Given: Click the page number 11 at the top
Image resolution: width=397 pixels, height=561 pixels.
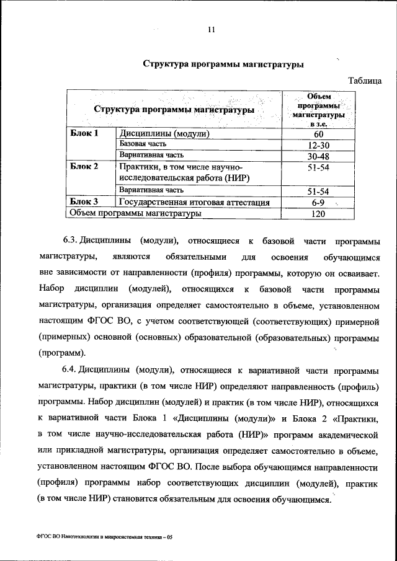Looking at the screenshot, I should tap(211, 29).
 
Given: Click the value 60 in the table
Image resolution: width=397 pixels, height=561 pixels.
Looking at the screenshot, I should tap(318, 134).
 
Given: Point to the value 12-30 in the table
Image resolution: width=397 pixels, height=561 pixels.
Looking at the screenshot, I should tap(318, 145).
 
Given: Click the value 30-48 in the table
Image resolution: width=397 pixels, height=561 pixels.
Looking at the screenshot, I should tap(318, 156).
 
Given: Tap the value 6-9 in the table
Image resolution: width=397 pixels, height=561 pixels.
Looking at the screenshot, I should tap(318, 202).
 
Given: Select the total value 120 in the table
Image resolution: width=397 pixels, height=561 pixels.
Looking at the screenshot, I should tap(318, 213).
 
